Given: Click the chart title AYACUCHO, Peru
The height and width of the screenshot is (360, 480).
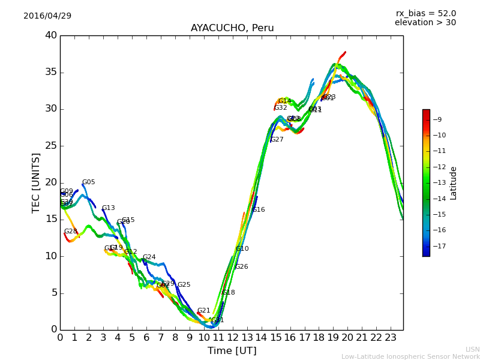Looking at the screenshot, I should click(232, 28).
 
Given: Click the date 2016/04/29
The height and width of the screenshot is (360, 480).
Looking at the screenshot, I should click(47, 16).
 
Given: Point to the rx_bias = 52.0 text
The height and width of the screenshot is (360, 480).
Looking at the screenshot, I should click(425, 13).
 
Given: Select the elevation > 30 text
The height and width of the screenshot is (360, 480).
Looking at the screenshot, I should click(425, 23).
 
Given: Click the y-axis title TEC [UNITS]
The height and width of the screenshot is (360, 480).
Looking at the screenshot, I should click(36, 182).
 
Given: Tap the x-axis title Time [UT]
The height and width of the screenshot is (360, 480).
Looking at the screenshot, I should click(232, 350).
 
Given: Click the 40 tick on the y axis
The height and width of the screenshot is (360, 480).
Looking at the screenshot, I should click(51, 35).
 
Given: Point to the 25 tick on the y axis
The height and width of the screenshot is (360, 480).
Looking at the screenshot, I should click(51, 146).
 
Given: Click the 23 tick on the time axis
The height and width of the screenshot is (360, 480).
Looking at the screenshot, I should click(390, 337).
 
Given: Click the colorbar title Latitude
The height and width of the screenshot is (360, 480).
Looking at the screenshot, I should click(454, 183).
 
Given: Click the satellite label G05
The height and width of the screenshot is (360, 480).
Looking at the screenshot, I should click(88, 182).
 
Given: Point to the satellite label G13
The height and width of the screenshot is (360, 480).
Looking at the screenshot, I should click(108, 208).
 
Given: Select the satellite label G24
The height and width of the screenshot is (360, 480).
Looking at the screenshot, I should click(149, 257).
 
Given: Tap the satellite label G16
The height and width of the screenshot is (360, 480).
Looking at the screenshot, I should click(258, 210).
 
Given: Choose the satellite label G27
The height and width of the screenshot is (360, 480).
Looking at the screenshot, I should click(277, 140).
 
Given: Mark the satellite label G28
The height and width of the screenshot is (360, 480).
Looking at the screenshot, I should click(71, 232).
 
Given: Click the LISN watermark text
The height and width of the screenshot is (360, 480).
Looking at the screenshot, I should click(472, 349).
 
